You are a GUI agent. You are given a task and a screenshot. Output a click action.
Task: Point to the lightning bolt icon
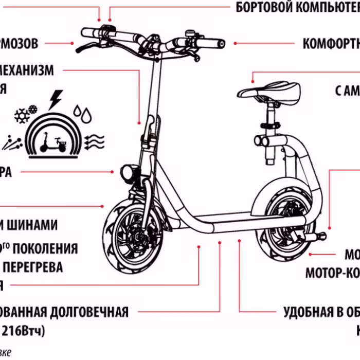[55, 99]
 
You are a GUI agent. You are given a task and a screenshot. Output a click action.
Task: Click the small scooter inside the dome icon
[53, 142]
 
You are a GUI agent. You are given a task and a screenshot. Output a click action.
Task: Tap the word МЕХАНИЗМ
[26, 70]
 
